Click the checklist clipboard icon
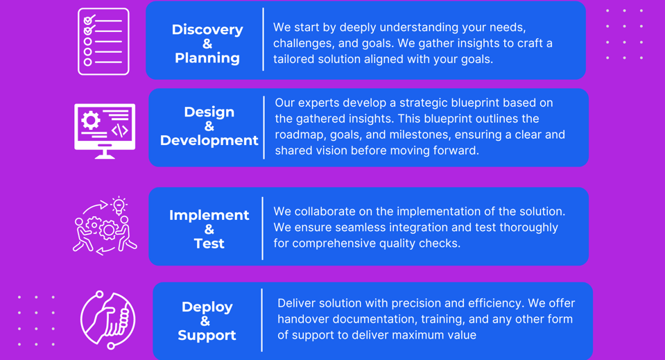[x=103, y=42]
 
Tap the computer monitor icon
[x=105, y=131]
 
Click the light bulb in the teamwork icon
[x=119, y=205]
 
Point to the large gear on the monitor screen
[x=90, y=121]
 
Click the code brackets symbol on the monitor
[x=119, y=130]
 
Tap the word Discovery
[x=207, y=30]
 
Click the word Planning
[x=207, y=58]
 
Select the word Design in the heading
[x=209, y=112]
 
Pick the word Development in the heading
[x=209, y=140]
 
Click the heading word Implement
[x=209, y=215]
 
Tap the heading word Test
[x=209, y=243]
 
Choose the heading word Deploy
[x=207, y=307]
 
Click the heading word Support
[x=207, y=336]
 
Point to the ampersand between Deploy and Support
[x=205, y=321]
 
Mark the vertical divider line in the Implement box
[x=263, y=228]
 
